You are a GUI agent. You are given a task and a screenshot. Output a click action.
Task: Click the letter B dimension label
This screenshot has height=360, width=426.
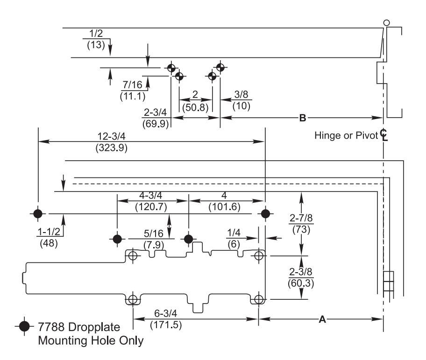point(302,118)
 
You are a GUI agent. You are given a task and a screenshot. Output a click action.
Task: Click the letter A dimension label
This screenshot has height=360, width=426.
point(322,319)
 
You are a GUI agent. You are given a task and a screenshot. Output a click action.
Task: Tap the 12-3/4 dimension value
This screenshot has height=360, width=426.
point(111,136)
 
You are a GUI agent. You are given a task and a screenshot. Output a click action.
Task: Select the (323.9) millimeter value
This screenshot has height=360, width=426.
point(111,148)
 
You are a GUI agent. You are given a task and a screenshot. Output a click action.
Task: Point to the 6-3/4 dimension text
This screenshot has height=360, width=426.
point(165,313)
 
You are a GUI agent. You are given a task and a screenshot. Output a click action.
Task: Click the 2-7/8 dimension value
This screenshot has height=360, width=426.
point(301,218)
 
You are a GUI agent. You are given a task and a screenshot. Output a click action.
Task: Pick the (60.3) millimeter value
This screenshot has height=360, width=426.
point(301,283)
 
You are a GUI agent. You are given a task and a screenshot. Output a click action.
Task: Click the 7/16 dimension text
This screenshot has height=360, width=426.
point(132,85)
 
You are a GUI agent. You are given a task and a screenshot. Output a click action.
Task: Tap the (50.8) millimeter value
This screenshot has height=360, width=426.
point(195,107)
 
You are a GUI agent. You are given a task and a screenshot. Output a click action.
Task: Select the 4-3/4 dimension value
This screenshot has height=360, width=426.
point(150,195)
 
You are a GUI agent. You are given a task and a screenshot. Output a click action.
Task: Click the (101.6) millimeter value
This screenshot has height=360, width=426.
point(224,207)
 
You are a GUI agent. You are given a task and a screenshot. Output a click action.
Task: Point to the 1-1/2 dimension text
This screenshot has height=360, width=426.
point(49,232)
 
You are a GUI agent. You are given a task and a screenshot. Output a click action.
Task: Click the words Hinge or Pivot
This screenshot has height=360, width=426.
point(346,135)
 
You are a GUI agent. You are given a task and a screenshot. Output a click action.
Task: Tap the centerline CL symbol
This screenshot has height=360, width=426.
point(384,135)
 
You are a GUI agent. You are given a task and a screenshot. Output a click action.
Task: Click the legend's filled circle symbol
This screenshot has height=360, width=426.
point(24,326)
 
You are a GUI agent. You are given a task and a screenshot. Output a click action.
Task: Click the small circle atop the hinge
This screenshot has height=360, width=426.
point(386,23)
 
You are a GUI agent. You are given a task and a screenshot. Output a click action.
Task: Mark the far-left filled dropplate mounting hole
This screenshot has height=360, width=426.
point(38,214)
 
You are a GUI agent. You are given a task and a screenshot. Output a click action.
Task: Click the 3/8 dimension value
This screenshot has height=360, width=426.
point(241,94)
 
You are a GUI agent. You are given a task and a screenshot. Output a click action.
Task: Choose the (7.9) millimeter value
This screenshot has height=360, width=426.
point(154,245)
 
